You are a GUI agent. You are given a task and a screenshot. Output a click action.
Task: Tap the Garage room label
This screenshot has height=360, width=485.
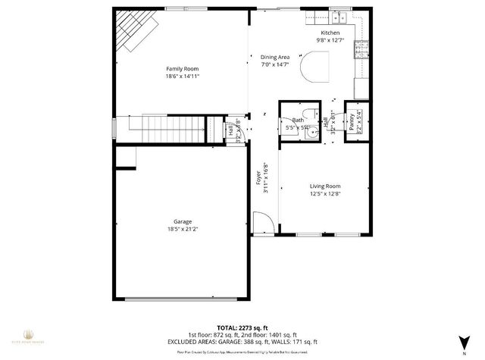click(x=182, y=222)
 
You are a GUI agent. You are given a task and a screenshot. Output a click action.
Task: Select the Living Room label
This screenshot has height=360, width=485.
click(x=324, y=186)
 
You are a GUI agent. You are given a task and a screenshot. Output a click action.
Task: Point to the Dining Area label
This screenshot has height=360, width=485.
click(x=275, y=57)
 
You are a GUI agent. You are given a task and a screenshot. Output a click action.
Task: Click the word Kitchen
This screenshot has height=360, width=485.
click(x=330, y=33)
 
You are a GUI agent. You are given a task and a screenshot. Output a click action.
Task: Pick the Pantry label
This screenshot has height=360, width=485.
click(x=352, y=123)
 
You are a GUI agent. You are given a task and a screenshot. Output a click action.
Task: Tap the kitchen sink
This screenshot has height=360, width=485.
click(x=335, y=16)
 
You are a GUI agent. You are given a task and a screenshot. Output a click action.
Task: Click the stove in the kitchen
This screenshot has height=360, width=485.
click(x=362, y=49)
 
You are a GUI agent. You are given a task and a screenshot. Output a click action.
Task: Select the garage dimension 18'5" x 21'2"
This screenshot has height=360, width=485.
click(x=182, y=229)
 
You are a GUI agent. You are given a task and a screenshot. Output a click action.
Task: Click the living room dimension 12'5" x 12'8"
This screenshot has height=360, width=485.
click(x=324, y=194)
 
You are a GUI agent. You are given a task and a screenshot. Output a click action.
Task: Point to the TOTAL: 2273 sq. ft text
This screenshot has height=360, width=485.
click(x=242, y=321)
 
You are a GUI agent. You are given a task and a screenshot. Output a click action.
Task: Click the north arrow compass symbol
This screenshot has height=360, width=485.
click(x=463, y=339)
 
